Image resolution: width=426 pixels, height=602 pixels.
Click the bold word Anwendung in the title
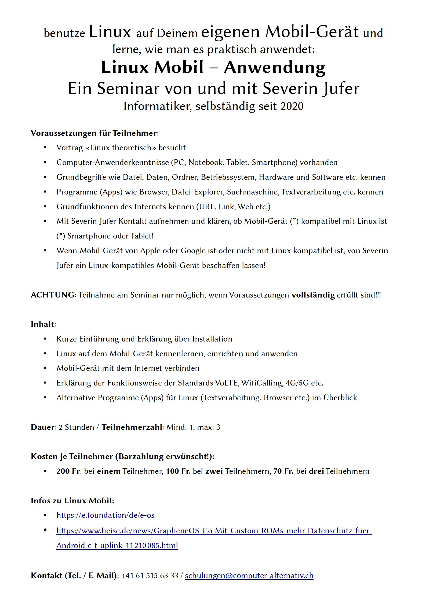tap(275, 67)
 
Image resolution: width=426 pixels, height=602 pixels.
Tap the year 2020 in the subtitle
tap(292, 106)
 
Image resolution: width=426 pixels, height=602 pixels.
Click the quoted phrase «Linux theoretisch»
tap(121, 148)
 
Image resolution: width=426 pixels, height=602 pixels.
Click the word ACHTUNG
tap(52, 295)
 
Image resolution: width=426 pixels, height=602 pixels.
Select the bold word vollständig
tap(313, 295)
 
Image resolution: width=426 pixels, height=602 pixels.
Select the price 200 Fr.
tap(69, 471)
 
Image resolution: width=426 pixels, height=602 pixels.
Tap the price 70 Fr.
tap(283, 471)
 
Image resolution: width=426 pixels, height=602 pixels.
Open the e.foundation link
tap(105, 515)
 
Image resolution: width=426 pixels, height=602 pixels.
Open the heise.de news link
tap(214, 531)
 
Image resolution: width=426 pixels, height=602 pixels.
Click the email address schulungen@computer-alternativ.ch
tap(249, 575)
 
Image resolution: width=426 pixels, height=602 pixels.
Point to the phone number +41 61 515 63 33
tap(150, 575)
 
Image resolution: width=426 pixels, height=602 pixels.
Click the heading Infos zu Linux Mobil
tap(72, 501)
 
